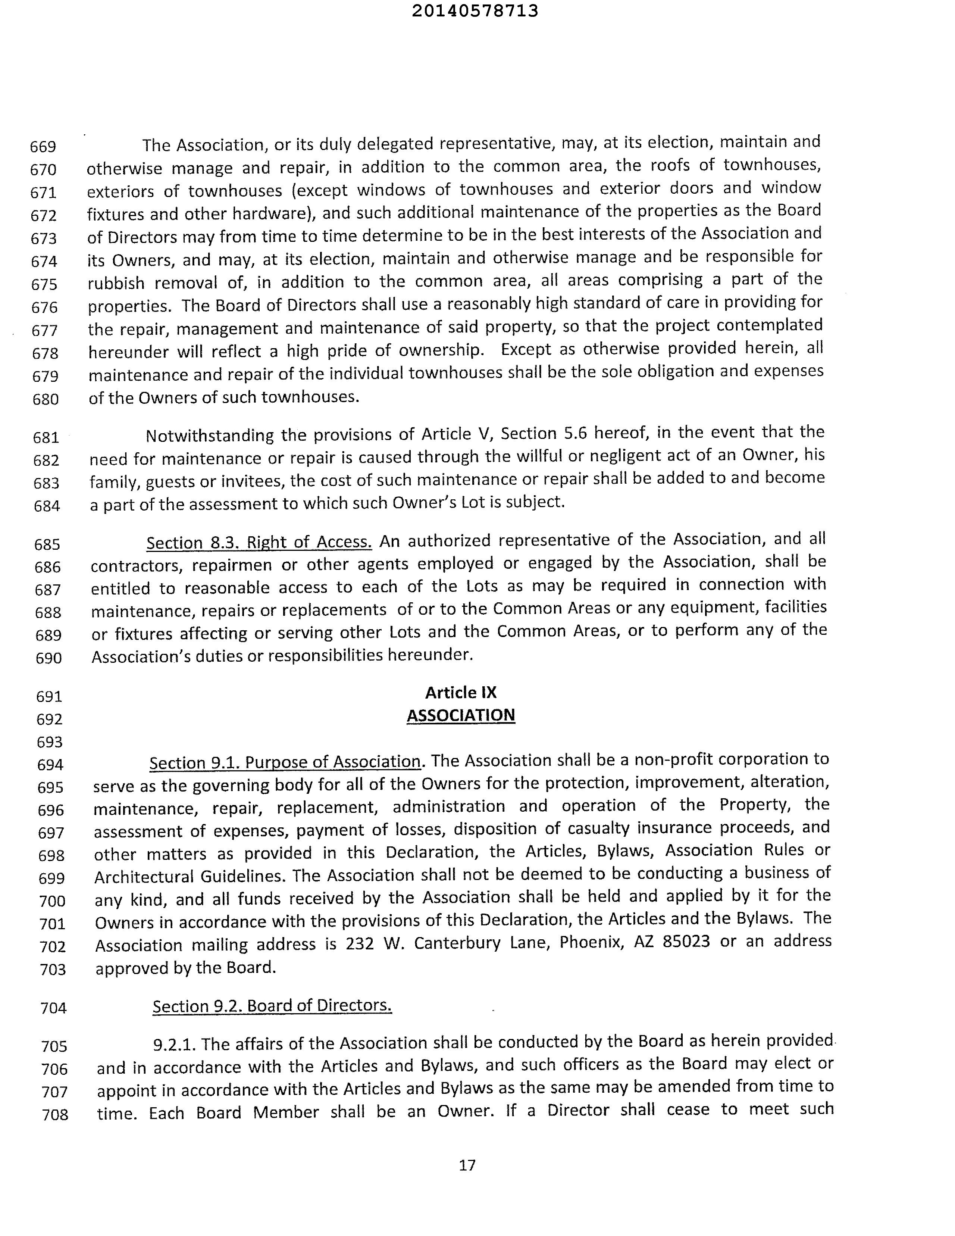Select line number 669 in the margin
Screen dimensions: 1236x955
click(x=43, y=147)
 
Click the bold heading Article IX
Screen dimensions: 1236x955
click(x=461, y=693)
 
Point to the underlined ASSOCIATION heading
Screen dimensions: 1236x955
click(x=461, y=715)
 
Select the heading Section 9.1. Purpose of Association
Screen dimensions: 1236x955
click(x=285, y=762)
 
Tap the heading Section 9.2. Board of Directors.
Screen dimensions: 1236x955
click(x=272, y=1006)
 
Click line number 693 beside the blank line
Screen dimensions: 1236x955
click(x=49, y=742)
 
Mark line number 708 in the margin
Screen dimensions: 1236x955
click(x=55, y=1115)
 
